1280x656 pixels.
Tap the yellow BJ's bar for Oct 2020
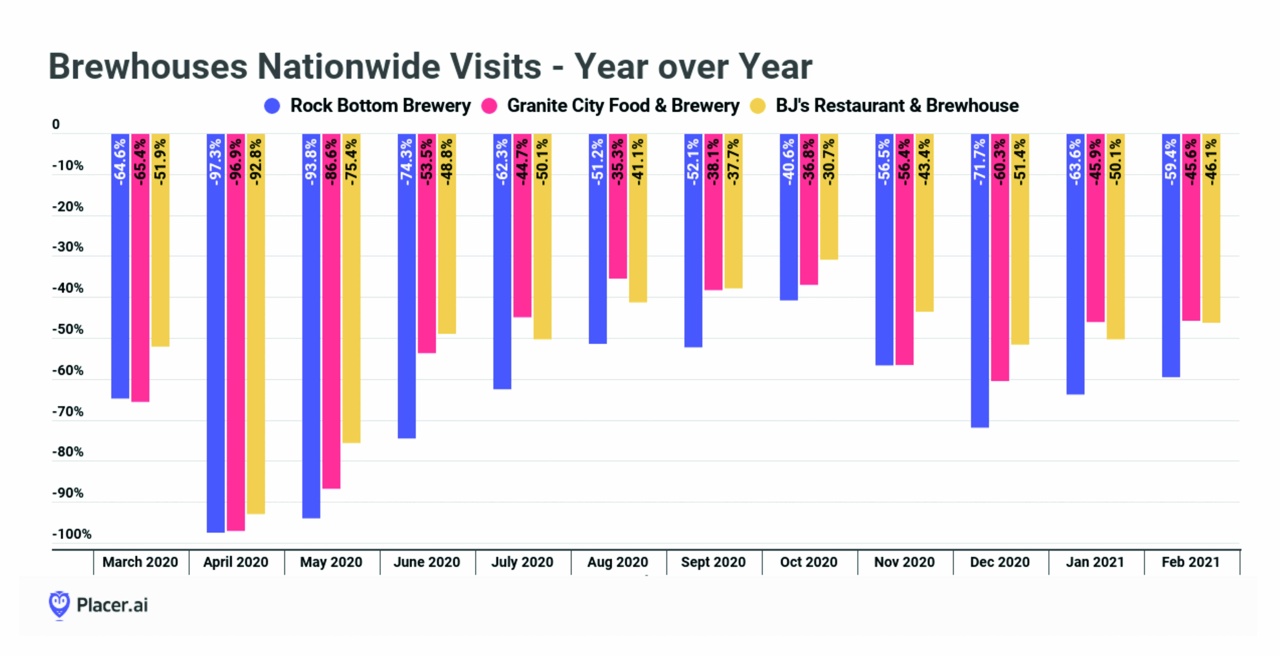tap(829, 224)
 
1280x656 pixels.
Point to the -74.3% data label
tap(406, 162)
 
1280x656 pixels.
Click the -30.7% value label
tap(829, 162)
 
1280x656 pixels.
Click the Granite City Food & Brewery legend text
tap(623, 105)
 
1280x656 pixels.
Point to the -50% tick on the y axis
tap(68, 329)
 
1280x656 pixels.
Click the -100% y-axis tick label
tap(72, 534)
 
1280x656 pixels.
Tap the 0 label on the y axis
tap(56, 124)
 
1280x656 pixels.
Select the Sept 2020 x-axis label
tap(713, 562)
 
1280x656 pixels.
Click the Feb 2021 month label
tap(1191, 562)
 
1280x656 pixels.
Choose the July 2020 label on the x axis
tap(522, 562)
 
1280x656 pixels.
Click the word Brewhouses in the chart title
tap(148, 66)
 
